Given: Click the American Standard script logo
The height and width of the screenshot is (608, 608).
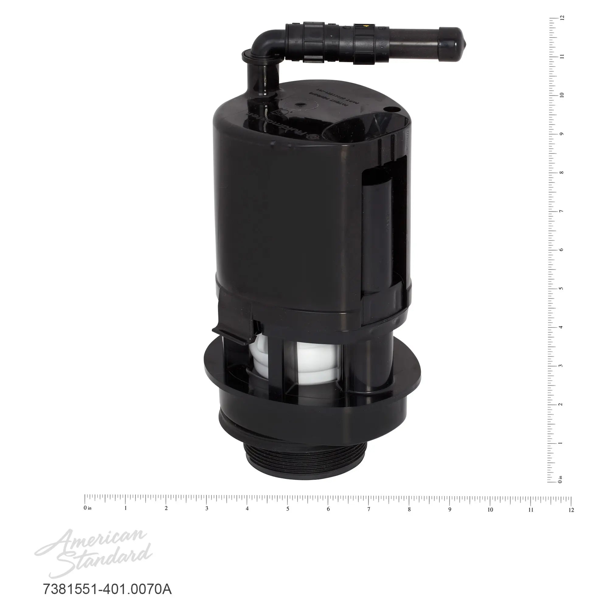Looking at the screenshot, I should coord(93,553).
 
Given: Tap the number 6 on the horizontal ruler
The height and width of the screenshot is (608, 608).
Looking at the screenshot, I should coord(328,509).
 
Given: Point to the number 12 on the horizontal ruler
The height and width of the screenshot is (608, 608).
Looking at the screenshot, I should coord(571,510).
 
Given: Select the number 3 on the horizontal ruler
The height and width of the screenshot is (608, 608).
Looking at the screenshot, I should coord(206,509).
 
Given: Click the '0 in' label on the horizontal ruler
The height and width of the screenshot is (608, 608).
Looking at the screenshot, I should coord(87,508).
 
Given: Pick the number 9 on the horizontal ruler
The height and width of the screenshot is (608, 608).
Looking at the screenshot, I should coord(449,510).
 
